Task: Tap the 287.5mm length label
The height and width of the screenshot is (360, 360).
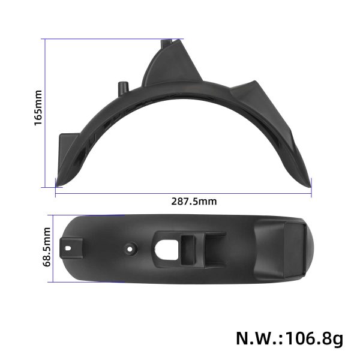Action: coord(193,201)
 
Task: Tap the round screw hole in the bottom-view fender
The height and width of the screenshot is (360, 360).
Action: coord(130,247)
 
